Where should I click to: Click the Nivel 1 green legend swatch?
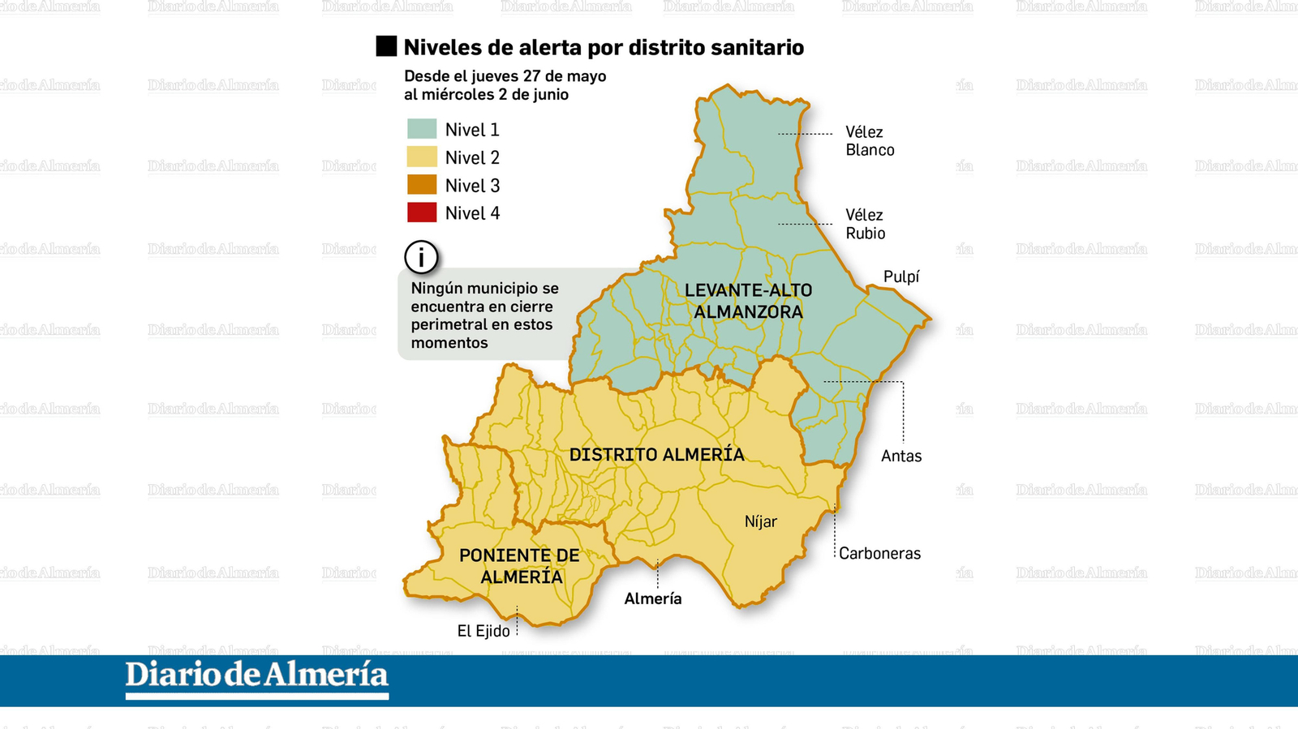(x=422, y=129)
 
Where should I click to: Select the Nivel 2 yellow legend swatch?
(x=422, y=157)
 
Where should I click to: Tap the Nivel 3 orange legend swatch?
(x=422, y=185)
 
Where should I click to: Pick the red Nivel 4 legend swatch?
(x=422, y=212)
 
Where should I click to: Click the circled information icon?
(x=421, y=258)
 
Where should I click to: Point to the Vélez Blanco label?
(x=870, y=141)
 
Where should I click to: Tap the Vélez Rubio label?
(x=865, y=224)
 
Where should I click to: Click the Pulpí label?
(x=901, y=277)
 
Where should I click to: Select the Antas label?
(x=901, y=456)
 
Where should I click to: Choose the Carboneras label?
(x=879, y=553)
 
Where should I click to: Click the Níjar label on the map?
(x=761, y=521)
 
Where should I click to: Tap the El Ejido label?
(x=484, y=631)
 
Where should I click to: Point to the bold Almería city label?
(x=653, y=598)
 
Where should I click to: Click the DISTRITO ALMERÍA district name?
(x=657, y=454)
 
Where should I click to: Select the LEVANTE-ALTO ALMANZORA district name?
(x=748, y=301)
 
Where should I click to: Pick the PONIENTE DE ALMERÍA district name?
(x=520, y=566)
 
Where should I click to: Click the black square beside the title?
(x=386, y=46)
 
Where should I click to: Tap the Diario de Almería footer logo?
(x=257, y=677)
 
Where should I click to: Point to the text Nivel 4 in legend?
(x=472, y=213)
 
